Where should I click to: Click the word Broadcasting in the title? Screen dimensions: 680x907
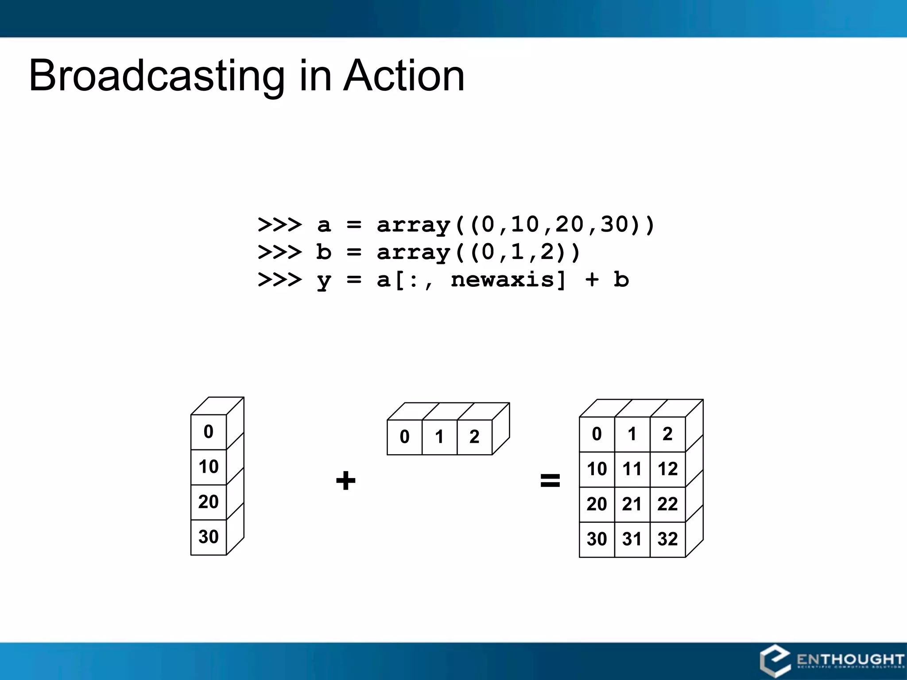coord(157,76)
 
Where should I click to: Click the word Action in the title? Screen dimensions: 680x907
coord(404,76)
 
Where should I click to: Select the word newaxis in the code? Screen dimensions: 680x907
coord(502,280)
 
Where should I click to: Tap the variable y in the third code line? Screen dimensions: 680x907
coord(324,281)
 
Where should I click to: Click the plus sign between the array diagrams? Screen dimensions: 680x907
coord(345,481)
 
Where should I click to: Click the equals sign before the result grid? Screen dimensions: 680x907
coord(550,480)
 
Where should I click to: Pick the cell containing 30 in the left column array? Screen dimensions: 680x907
coord(208,537)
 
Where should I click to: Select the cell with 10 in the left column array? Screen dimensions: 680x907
coord(208,467)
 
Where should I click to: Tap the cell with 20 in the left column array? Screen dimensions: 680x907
coord(208,502)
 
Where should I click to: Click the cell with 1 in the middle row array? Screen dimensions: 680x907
coord(439,437)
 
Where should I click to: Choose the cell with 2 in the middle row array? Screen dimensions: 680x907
coord(474,437)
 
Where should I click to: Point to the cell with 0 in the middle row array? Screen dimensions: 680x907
coord(404,437)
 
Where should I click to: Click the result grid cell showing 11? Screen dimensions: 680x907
coord(632,469)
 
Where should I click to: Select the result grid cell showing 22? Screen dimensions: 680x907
coord(667,504)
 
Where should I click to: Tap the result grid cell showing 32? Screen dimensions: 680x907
coord(667,539)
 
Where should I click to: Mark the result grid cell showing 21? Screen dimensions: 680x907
coord(632,504)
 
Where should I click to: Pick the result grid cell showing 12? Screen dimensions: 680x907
coord(667,469)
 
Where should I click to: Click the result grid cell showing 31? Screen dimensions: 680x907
coord(632,539)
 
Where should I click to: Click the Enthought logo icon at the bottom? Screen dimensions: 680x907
coord(775,661)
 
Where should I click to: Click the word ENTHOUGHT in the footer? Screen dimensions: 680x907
coord(850,659)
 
